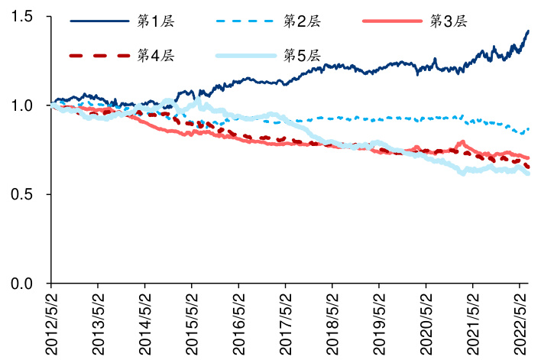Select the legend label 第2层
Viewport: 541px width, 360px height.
302,21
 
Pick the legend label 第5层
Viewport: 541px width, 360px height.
302,56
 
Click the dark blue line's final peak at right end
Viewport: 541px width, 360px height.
529,31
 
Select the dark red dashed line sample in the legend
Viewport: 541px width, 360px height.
99,56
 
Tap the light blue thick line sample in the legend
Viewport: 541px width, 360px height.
246,56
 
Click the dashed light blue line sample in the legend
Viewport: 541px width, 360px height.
246,21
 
